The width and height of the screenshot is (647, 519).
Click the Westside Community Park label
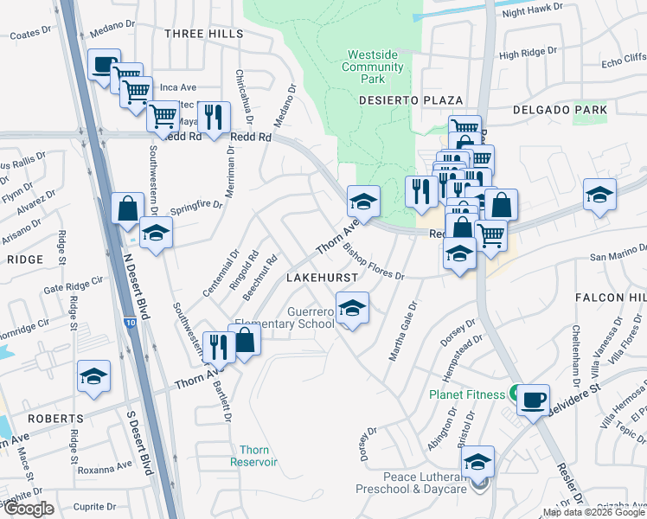371,67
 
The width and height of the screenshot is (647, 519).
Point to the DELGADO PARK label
560,110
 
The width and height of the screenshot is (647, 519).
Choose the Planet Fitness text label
467,394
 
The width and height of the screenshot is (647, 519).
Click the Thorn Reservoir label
254,455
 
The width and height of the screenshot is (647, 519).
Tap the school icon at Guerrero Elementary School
351,307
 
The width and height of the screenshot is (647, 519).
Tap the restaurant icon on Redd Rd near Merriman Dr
213,116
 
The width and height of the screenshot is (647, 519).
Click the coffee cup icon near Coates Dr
105,64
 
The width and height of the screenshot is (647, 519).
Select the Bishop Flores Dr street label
374,260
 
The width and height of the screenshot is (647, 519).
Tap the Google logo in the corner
28,509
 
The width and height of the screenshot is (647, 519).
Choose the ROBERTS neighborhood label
54,418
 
